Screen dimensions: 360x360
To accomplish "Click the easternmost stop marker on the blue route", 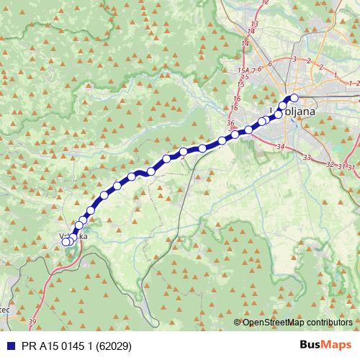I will pyautogui.click(x=294, y=97).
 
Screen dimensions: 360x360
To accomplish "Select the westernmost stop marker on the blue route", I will pyautogui.click(x=65, y=242).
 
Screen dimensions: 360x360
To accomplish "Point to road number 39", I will pyautogui.click(x=32, y=321).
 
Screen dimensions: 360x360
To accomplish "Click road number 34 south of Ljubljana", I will pyautogui.click(x=280, y=148).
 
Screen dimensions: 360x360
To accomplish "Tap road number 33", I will pyautogui.click(x=307, y=157).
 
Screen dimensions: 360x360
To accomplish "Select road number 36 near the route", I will pyautogui.click(x=230, y=124).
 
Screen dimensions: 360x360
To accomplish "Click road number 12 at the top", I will pyautogui.click(x=264, y=3).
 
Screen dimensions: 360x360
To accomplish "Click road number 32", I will pyautogui.click(x=330, y=165).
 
